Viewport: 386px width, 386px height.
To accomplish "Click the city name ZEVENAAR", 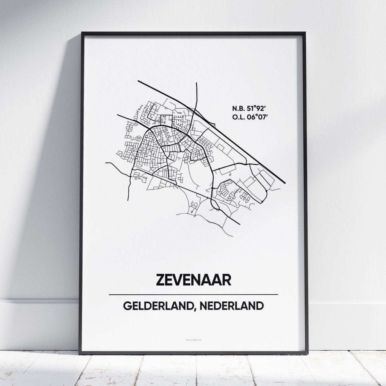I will click(x=193, y=280).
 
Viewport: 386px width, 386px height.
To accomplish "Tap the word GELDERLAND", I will click(x=158, y=306).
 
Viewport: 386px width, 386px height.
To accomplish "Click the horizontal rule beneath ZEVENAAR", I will click(x=193, y=294).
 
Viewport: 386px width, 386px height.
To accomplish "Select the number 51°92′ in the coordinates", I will click(x=257, y=108).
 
